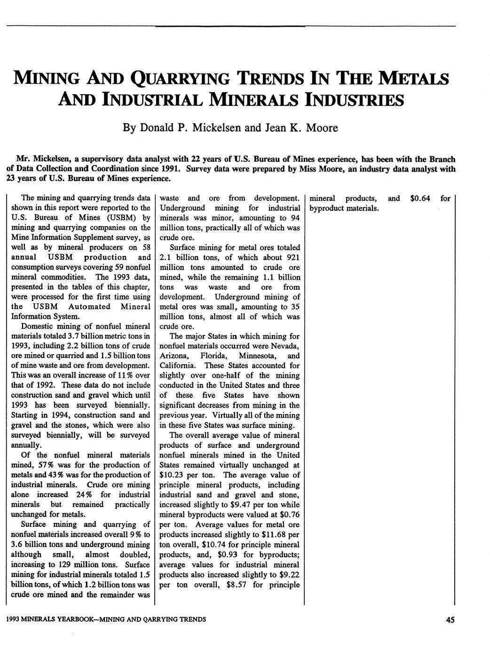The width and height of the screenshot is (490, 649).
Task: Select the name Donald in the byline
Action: coord(159,127)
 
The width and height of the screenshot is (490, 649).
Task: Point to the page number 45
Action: coord(450,620)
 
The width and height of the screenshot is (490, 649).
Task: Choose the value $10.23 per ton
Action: coord(173,475)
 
